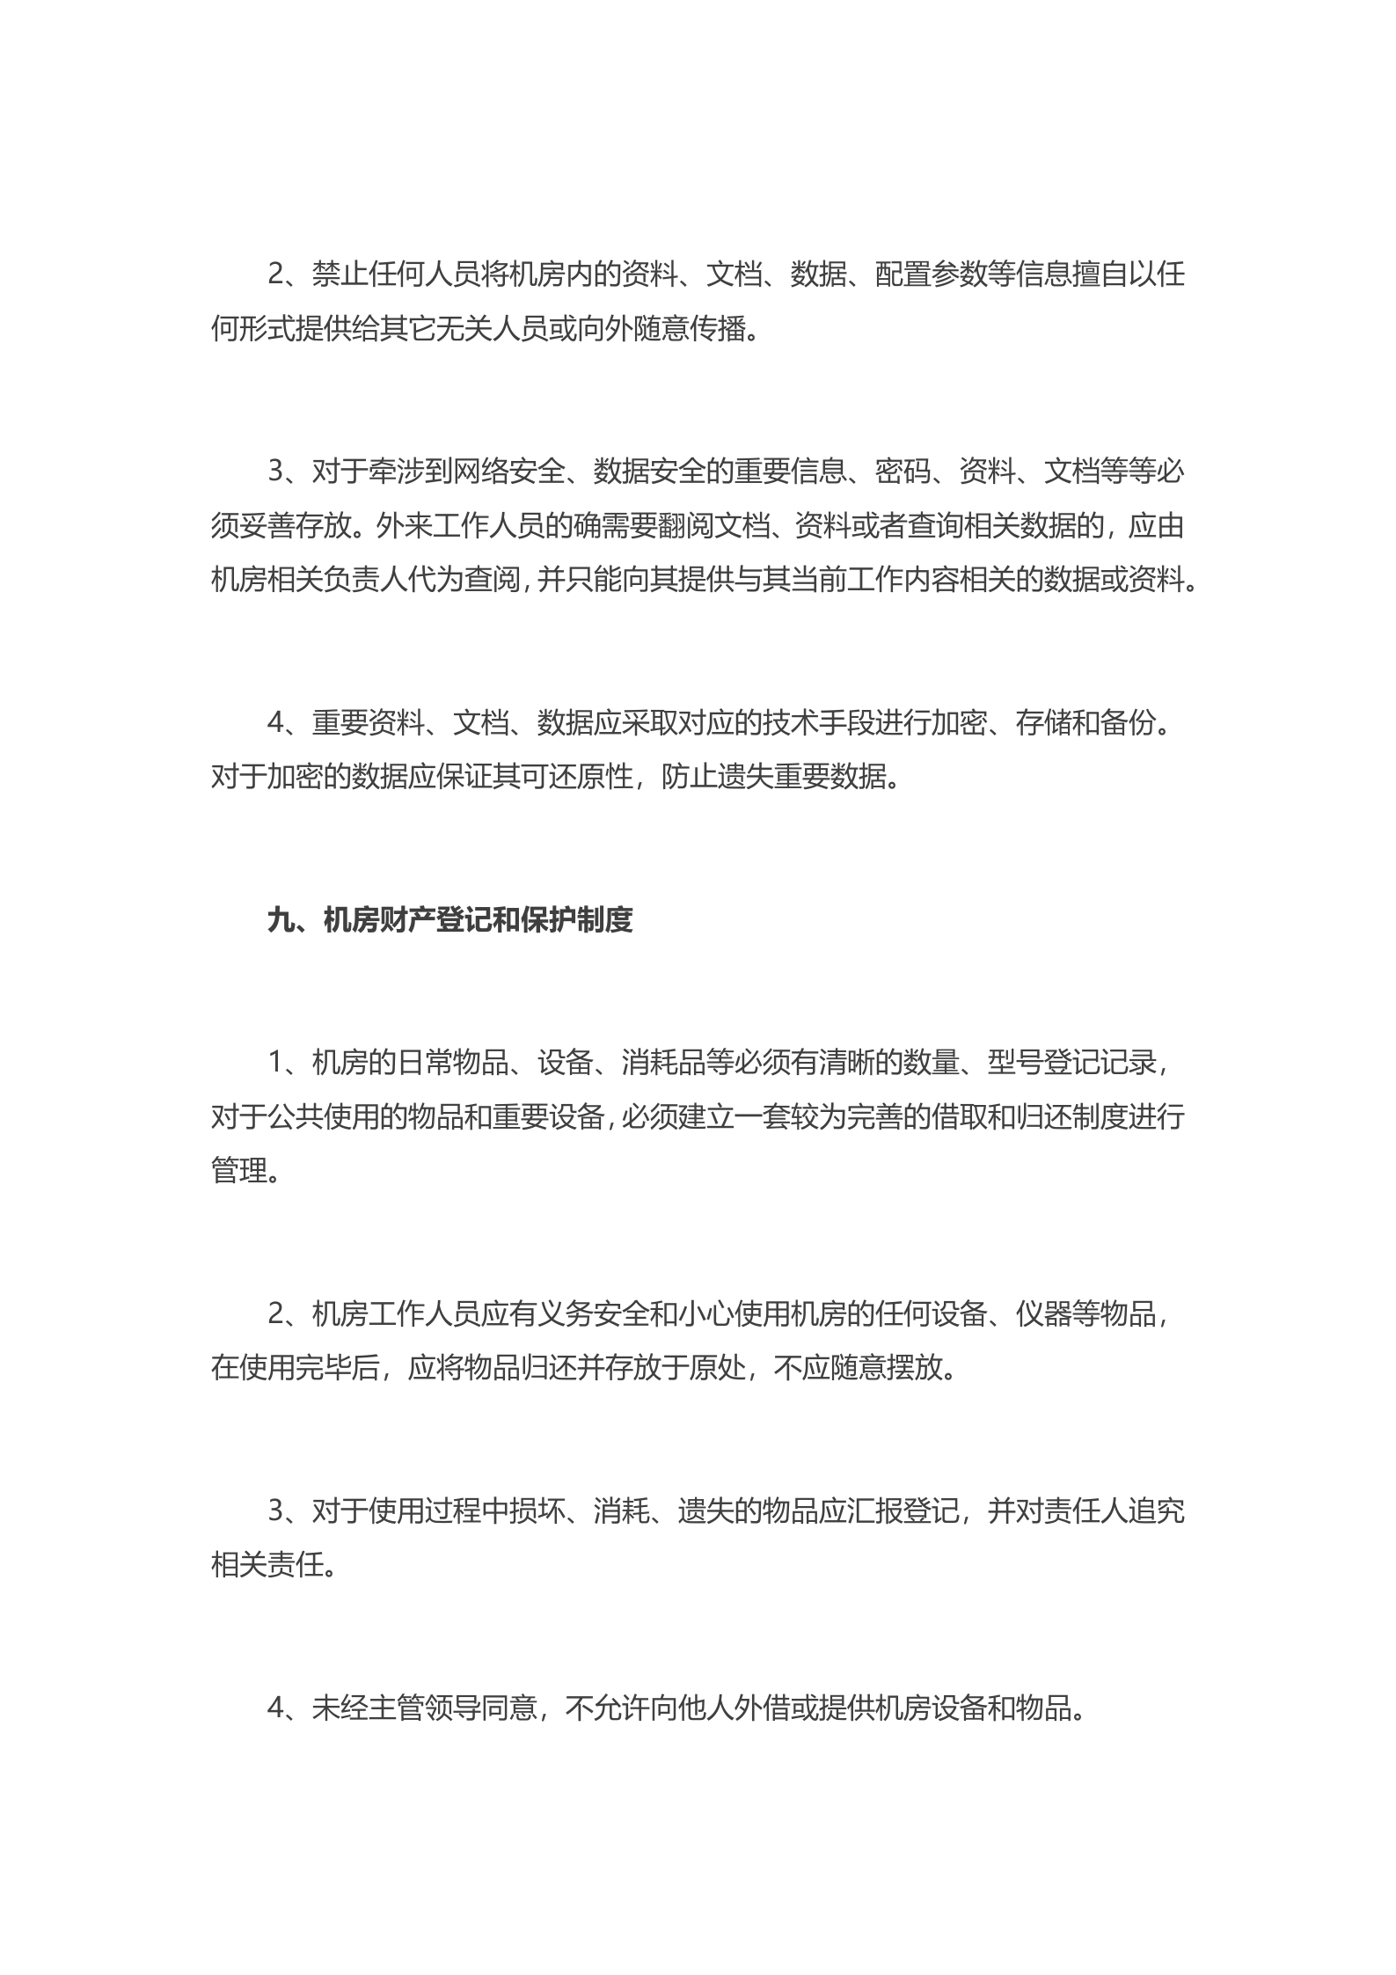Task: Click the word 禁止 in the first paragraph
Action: tap(340, 274)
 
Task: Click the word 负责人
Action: tap(366, 581)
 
